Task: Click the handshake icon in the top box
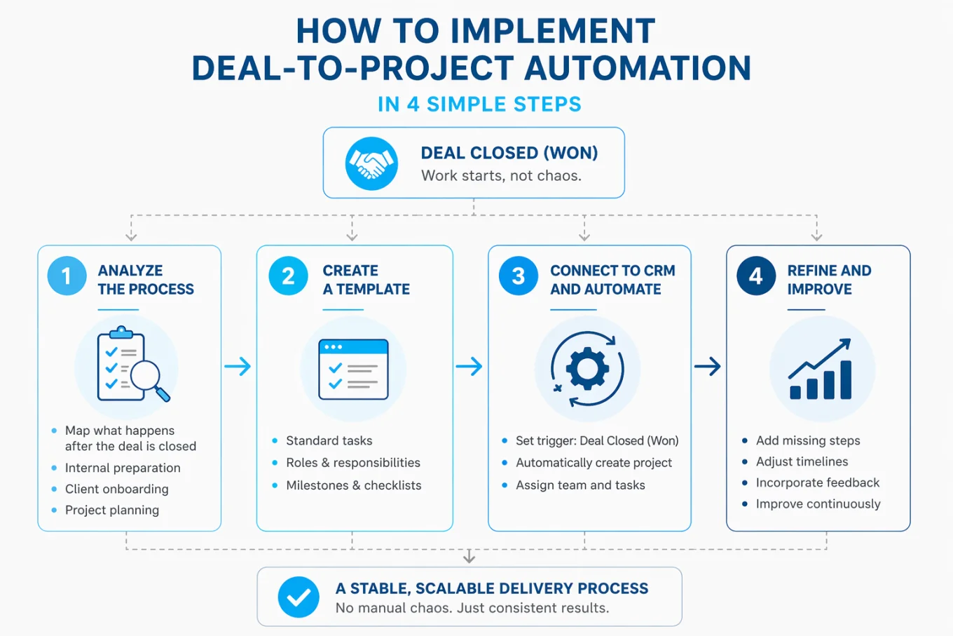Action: (371, 163)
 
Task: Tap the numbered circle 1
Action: (67, 276)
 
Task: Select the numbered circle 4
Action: (755, 276)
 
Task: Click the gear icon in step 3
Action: (587, 369)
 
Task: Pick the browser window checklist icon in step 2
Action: (353, 370)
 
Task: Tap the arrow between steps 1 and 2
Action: (238, 366)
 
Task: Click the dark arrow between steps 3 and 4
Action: (708, 366)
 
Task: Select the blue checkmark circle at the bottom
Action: (299, 597)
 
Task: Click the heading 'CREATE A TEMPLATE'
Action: (366, 280)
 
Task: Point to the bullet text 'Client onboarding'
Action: (116, 489)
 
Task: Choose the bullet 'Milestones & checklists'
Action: (353, 485)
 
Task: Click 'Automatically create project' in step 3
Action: (594, 463)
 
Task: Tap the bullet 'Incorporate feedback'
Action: (817, 482)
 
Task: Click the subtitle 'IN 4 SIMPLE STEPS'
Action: (479, 104)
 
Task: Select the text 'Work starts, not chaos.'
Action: (501, 176)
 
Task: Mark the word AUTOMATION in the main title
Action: (637, 68)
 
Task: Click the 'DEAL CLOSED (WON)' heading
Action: (509, 153)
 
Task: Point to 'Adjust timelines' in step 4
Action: (802, 461)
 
